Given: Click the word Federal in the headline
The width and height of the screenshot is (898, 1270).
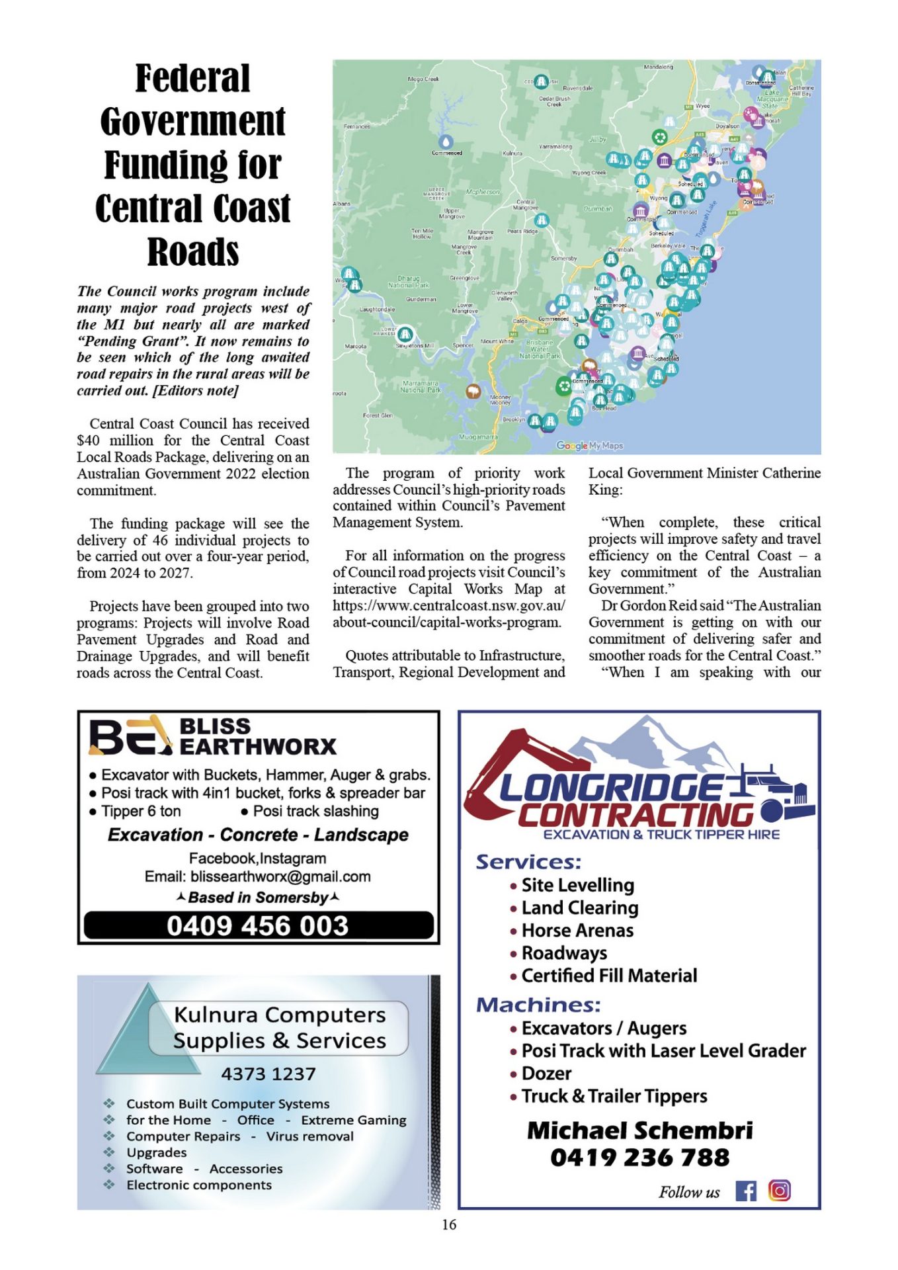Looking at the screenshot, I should coord(192,79).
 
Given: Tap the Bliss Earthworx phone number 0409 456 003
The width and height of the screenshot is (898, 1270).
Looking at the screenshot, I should coord(257,925).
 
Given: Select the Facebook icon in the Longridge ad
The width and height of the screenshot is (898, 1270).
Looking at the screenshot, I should coord(745,1191).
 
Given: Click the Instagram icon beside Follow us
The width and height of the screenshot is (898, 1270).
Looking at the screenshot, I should coord(780,1191).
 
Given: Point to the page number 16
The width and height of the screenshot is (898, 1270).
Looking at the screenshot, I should coord(449,1224).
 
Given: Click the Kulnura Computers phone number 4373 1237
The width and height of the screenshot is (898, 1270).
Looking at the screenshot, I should coord(268,1074).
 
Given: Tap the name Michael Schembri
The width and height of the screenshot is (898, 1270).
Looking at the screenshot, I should coord(639,1130).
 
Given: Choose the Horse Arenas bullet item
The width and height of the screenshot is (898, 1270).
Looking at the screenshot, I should coord(577,931).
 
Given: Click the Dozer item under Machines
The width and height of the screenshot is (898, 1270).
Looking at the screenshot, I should coord(546,1073).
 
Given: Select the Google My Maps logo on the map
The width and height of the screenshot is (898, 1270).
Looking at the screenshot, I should coord(589,446).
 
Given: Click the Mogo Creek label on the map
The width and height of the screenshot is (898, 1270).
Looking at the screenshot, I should coord(423,79).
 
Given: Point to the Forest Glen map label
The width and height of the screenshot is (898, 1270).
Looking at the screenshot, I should coord(378,415).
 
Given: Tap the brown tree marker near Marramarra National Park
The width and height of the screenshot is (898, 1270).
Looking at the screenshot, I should coord(472,391).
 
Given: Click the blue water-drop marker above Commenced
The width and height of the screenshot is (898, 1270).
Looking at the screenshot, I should coord(446,141).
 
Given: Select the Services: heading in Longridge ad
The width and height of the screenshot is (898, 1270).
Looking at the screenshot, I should coord(528,862).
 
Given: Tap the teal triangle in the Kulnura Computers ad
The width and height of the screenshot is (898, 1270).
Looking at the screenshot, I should coord(149,1033).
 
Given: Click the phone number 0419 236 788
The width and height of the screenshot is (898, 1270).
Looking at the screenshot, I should coord(639,1158).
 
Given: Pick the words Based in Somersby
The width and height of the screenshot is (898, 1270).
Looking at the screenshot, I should coord(258,898).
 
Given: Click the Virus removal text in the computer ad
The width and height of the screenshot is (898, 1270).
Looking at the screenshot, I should coord(309,1136).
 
